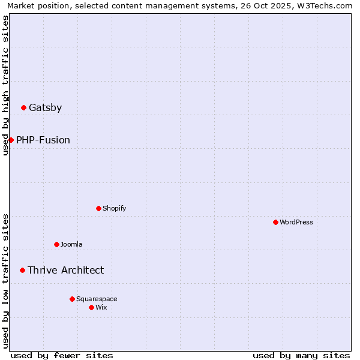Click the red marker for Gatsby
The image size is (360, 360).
[x=23, y=108]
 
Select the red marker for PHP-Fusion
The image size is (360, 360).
[x=11, y=140]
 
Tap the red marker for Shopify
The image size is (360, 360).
[x=98, y=208]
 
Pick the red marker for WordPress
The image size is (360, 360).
[x=275, y=222]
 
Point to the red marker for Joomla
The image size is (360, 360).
[x=56, y=244]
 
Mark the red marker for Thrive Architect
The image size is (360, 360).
[x=22, y=270]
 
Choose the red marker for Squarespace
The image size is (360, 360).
[x=72, y=299]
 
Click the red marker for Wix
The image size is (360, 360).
[x=91, y=307]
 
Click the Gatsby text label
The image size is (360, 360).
[x=45, y=108]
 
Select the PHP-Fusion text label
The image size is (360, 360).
[x=43, y=140]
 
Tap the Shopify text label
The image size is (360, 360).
[x=114, y=208]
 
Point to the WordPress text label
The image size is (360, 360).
[x=296, y=222]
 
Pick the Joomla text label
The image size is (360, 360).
[x=71, y=244]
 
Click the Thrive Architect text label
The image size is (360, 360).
[x=65, y=271]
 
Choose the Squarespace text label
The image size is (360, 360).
[x=97, y=299]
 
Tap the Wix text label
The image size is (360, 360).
[x=101, y=307]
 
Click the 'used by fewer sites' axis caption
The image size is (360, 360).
[x=62, y=355]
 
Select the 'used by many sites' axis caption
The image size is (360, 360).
[x=301, y=355]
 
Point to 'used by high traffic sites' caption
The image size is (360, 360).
[x=5, y=85]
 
